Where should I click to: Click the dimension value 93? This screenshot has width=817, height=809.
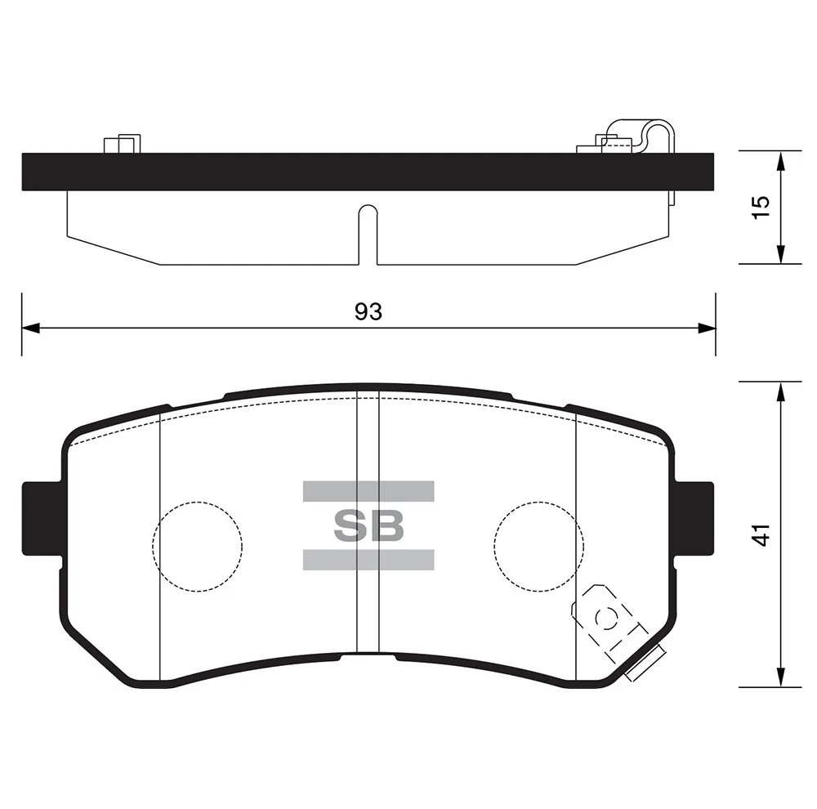click(x=368, y=311)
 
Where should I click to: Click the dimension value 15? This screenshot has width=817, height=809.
click(x=761, y=208)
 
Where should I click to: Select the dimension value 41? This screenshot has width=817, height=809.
click(x=761, y=534)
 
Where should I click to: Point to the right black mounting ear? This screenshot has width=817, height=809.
click(x=694, y=519)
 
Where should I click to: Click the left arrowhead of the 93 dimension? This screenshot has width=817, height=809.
click(x=31, y=329)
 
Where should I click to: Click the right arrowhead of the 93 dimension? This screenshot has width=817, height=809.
click(x=707, y=329)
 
